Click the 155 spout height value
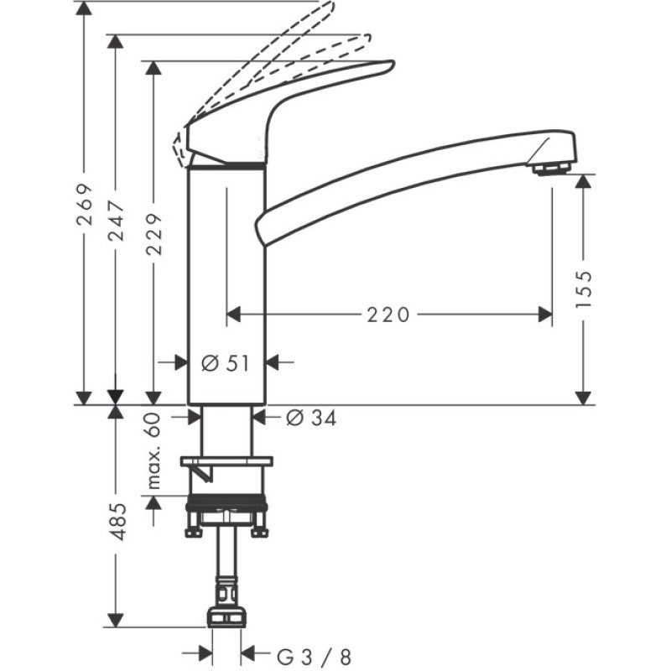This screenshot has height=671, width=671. coord(585,288)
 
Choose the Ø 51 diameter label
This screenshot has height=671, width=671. coord(226,363)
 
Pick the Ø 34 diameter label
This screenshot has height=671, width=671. coord(310,419)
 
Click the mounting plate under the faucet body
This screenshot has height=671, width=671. coord(227,461)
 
